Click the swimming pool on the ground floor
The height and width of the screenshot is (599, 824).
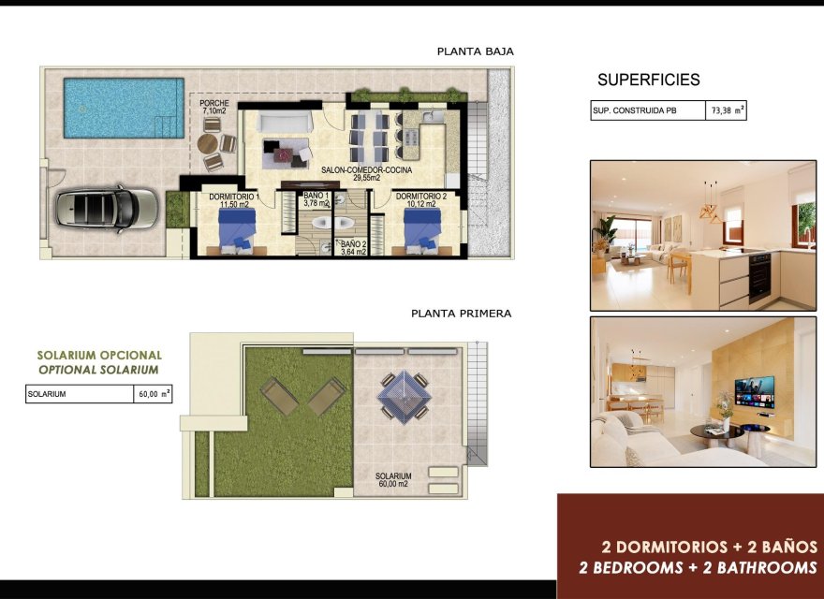[123, 108]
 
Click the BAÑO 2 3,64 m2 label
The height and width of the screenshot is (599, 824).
[353, 247]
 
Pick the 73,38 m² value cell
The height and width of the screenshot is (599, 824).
[726, 110]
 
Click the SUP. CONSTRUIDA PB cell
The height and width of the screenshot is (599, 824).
[647, 110]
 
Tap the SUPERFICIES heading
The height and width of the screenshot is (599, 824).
[648, 80]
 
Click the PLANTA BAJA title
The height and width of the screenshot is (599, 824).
[475, 51]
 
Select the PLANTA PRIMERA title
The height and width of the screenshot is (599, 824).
[461, 314]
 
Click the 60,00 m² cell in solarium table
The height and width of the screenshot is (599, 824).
[153, 394]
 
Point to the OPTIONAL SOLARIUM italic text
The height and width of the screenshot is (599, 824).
[98, 370]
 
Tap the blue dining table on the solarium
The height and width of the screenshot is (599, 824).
[404, 395]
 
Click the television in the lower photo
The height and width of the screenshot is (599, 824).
[754, 392]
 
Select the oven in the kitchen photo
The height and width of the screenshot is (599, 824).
[759, 276]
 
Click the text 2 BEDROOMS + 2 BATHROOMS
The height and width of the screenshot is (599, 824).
[697, 567]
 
